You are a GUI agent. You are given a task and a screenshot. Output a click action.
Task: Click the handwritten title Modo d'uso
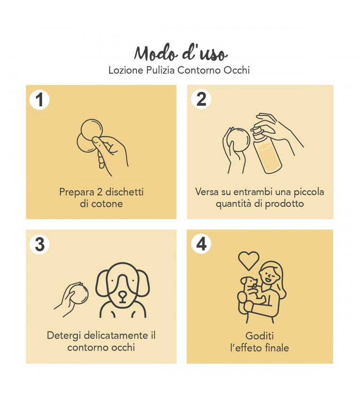181,53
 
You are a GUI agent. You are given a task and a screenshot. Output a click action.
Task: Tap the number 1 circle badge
39,99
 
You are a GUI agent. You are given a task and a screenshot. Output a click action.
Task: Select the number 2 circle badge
201,99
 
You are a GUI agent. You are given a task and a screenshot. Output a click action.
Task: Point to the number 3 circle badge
39,244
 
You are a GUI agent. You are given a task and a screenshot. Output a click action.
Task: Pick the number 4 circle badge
201,244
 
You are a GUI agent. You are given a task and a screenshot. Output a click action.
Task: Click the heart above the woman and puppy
248,261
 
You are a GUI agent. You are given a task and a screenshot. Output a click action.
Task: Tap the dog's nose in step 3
123,295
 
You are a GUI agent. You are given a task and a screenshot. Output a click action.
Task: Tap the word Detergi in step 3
64,336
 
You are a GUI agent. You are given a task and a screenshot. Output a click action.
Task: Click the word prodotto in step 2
284,204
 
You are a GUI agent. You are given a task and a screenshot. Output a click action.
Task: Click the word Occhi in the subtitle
237,70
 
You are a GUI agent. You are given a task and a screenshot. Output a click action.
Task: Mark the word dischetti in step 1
124,192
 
